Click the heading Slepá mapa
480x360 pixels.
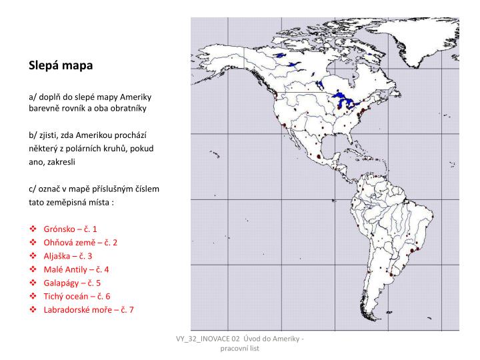[x=61, y=66]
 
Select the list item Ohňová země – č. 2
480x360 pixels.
[x=80, y=242]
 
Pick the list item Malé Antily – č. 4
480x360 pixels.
[x=76, y=269]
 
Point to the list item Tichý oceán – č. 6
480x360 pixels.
[x=77, y=296]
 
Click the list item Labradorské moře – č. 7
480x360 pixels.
[x=89, y=310]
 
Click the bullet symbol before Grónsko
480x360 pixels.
[x=33, y=228]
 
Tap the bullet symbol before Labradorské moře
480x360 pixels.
[x=33, y=310]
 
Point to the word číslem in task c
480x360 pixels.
[x=147, y=188]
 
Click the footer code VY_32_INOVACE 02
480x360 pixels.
[x=207, y=341]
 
